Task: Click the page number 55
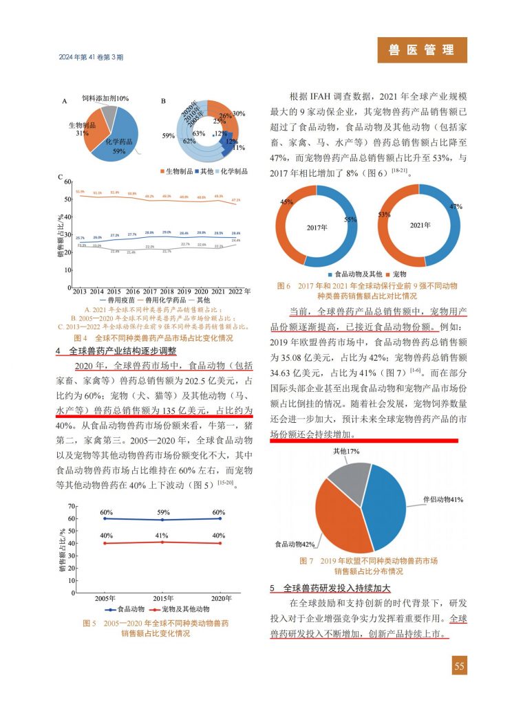459,665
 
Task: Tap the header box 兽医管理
422,50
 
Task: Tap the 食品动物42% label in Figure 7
295,544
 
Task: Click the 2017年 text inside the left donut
317,226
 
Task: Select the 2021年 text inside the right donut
420,225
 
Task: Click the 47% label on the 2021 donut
455,206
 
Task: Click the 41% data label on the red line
163,535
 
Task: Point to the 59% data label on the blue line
163,512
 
